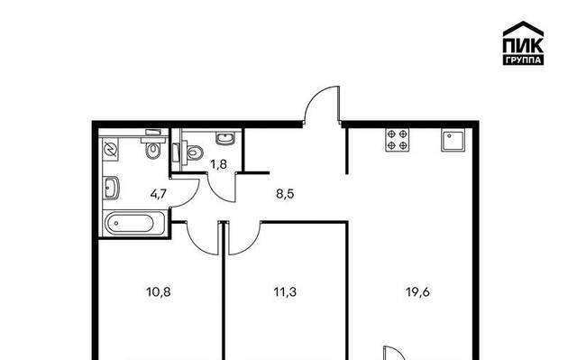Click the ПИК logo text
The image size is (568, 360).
click(x=523, y=45)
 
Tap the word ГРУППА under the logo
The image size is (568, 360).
click(x=523, y=60)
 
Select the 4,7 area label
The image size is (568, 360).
click(x=159, y=194)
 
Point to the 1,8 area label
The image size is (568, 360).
click(x=219, y=164)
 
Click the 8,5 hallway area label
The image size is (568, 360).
click(x=285, y=194)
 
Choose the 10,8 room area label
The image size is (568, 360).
click(x=159, y=291)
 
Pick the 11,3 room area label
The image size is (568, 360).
click(x=285, y=291)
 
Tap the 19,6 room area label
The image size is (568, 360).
click(x=418, y=291)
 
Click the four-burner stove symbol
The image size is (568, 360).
click(x=398, y=140)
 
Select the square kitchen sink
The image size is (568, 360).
click(x=453, y=141)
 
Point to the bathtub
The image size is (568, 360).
click(x=134, y=224)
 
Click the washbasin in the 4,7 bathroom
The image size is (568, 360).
click(x=111, y=188)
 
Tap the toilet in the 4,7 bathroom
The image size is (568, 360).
click(x=153, y=145)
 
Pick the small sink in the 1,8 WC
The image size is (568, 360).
click(x=225, y=138)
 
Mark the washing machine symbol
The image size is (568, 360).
click(x=110, y=149)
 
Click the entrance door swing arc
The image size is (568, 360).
click(x=315, y=95)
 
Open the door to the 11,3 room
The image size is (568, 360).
click(x=250, y=245)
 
